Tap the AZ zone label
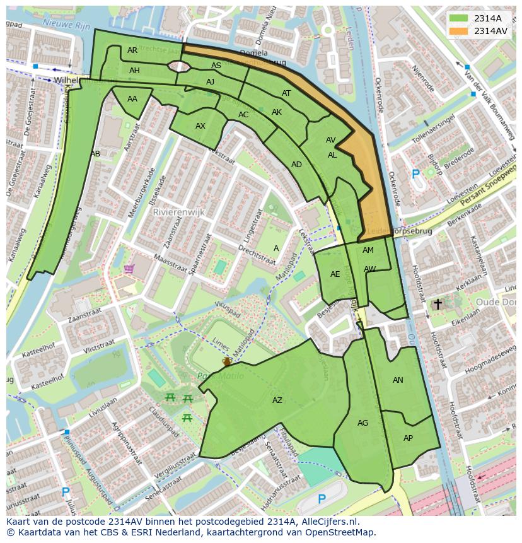[x=277, y=400]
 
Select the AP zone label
[x=408, y=438]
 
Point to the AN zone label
[x=398, y=380]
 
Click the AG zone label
[x=362, y=423]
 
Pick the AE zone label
[x=335, y=274]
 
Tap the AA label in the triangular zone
[x=132, y=99]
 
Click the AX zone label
[x=200, y=126]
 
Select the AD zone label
[x=296, y=165]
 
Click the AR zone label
[x=132, y=50]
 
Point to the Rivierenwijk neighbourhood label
[x=179, y=213]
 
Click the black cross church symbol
[x=438, y=304]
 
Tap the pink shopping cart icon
[x=129, y=269]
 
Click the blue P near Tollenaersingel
[x=415, y=174]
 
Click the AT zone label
[x=286, y=93]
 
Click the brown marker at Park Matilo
[x=226, y=361]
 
